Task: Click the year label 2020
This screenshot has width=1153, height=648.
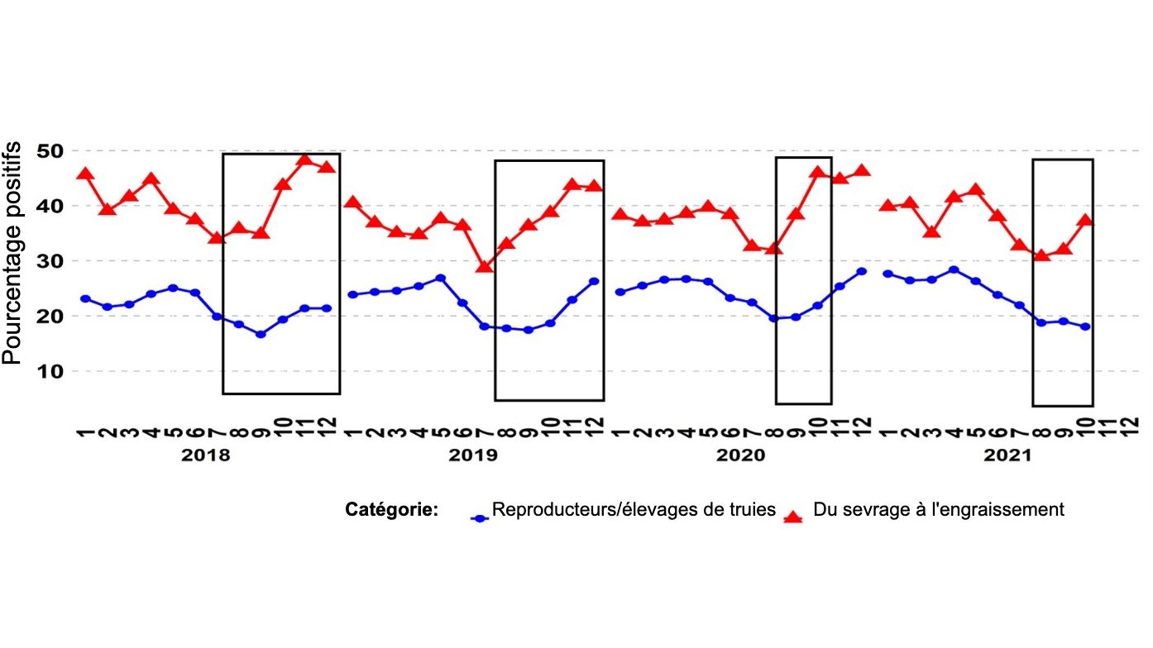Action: [x=741, y=455]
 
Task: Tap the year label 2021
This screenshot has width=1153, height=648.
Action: [x=1009, y=455]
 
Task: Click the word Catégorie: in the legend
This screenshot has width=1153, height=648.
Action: [x=391, y=510]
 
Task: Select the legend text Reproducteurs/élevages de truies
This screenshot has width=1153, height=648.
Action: [x=634, y=510]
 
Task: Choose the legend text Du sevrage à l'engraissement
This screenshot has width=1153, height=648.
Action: [x=939, y=510]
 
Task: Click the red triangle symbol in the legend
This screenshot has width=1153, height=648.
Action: [x=793, y=517]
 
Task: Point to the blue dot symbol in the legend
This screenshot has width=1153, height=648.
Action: [x=479, y=518]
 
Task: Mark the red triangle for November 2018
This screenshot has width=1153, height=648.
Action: [x=304, y=159]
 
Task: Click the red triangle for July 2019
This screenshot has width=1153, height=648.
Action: [x=484, y=266]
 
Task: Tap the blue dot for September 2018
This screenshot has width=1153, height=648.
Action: [x=261, y=334]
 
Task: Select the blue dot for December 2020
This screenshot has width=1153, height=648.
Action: [x=861, y=271]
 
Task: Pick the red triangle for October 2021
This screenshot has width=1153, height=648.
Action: [x=1085, y=221]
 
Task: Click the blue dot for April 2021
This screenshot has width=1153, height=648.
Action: [x=954, y=269]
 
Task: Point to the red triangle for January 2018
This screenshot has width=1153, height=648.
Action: [x=85, y=174]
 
